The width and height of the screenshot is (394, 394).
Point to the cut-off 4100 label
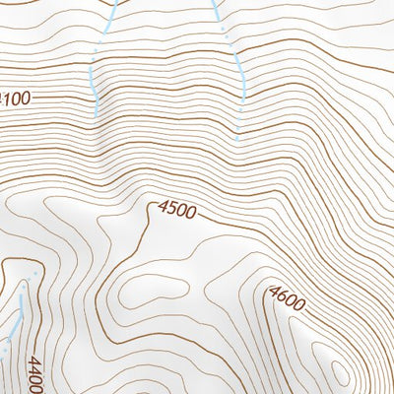point(15,98)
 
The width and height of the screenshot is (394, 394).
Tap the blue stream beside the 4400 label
point(17,315)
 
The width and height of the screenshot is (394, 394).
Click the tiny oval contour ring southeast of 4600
point(341,371)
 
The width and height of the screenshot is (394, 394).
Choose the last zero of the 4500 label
point(191,212)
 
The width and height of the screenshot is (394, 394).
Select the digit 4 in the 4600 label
point(273,290)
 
